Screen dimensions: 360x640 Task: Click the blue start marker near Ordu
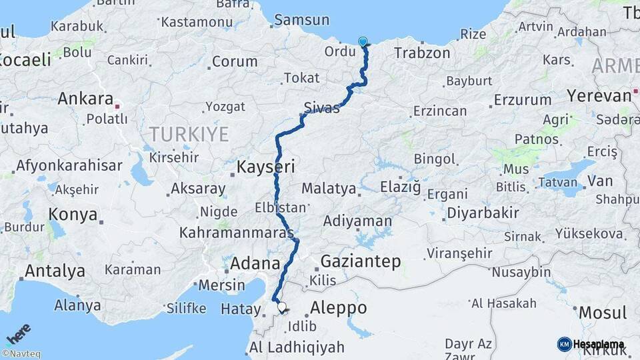pyautogui.click(x=363, y=42)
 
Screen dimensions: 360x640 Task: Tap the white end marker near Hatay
pyautogui.click(x=281, y=308)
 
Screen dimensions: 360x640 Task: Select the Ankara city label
pyautogui.click(x=85, y=99)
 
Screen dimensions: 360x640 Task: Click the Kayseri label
pyautogui.click(x=265, y=167)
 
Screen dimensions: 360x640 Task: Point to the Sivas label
pyautogui.click(x=321, y=107)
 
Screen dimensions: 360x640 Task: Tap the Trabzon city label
pyautogui.click(x=422, y=53)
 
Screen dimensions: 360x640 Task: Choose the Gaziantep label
pyautogui.click(x=361, y=261)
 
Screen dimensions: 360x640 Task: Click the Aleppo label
pyautogui.click(x=339, y=308)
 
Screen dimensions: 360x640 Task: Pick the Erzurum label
pyautogui.click(x=522, y=101)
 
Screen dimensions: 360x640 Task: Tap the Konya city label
pyautogui.click(x=73, y=215)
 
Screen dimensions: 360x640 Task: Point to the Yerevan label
pyautogui.click(x=599, y=95)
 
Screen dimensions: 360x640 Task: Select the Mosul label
pyautogui.click(x=603, y=312)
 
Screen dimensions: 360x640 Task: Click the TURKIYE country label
pyautogui.click(x=189, y=134)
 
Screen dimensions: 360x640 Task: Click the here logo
pyautogui.click(x=19, y=333)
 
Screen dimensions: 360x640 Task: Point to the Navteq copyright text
pyautogui.click(x=21, y=354)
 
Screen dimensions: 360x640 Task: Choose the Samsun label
pyautogui.click(x=301, y=20)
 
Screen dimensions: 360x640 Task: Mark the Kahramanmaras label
pyautogui.click(x=236, y=233)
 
